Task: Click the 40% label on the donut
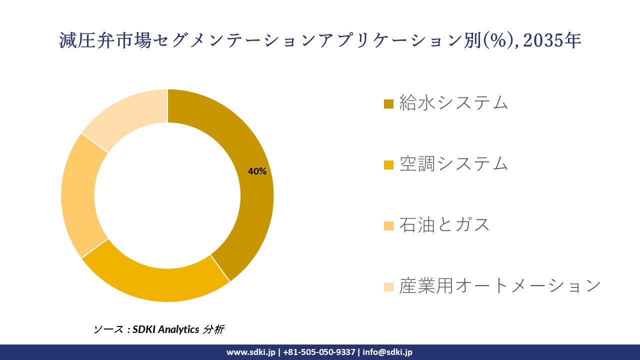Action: point(257,171)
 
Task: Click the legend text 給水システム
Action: point(453,103)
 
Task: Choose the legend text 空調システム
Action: point(453,164)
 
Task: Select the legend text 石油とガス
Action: point(444,225)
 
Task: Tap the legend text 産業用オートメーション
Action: point(499,286)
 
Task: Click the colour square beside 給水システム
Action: point(388,104)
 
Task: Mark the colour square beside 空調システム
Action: point(388,165)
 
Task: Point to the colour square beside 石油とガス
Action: point(388,226)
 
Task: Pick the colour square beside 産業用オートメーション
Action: point(388,287)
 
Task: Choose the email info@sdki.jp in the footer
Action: point(387,352)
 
